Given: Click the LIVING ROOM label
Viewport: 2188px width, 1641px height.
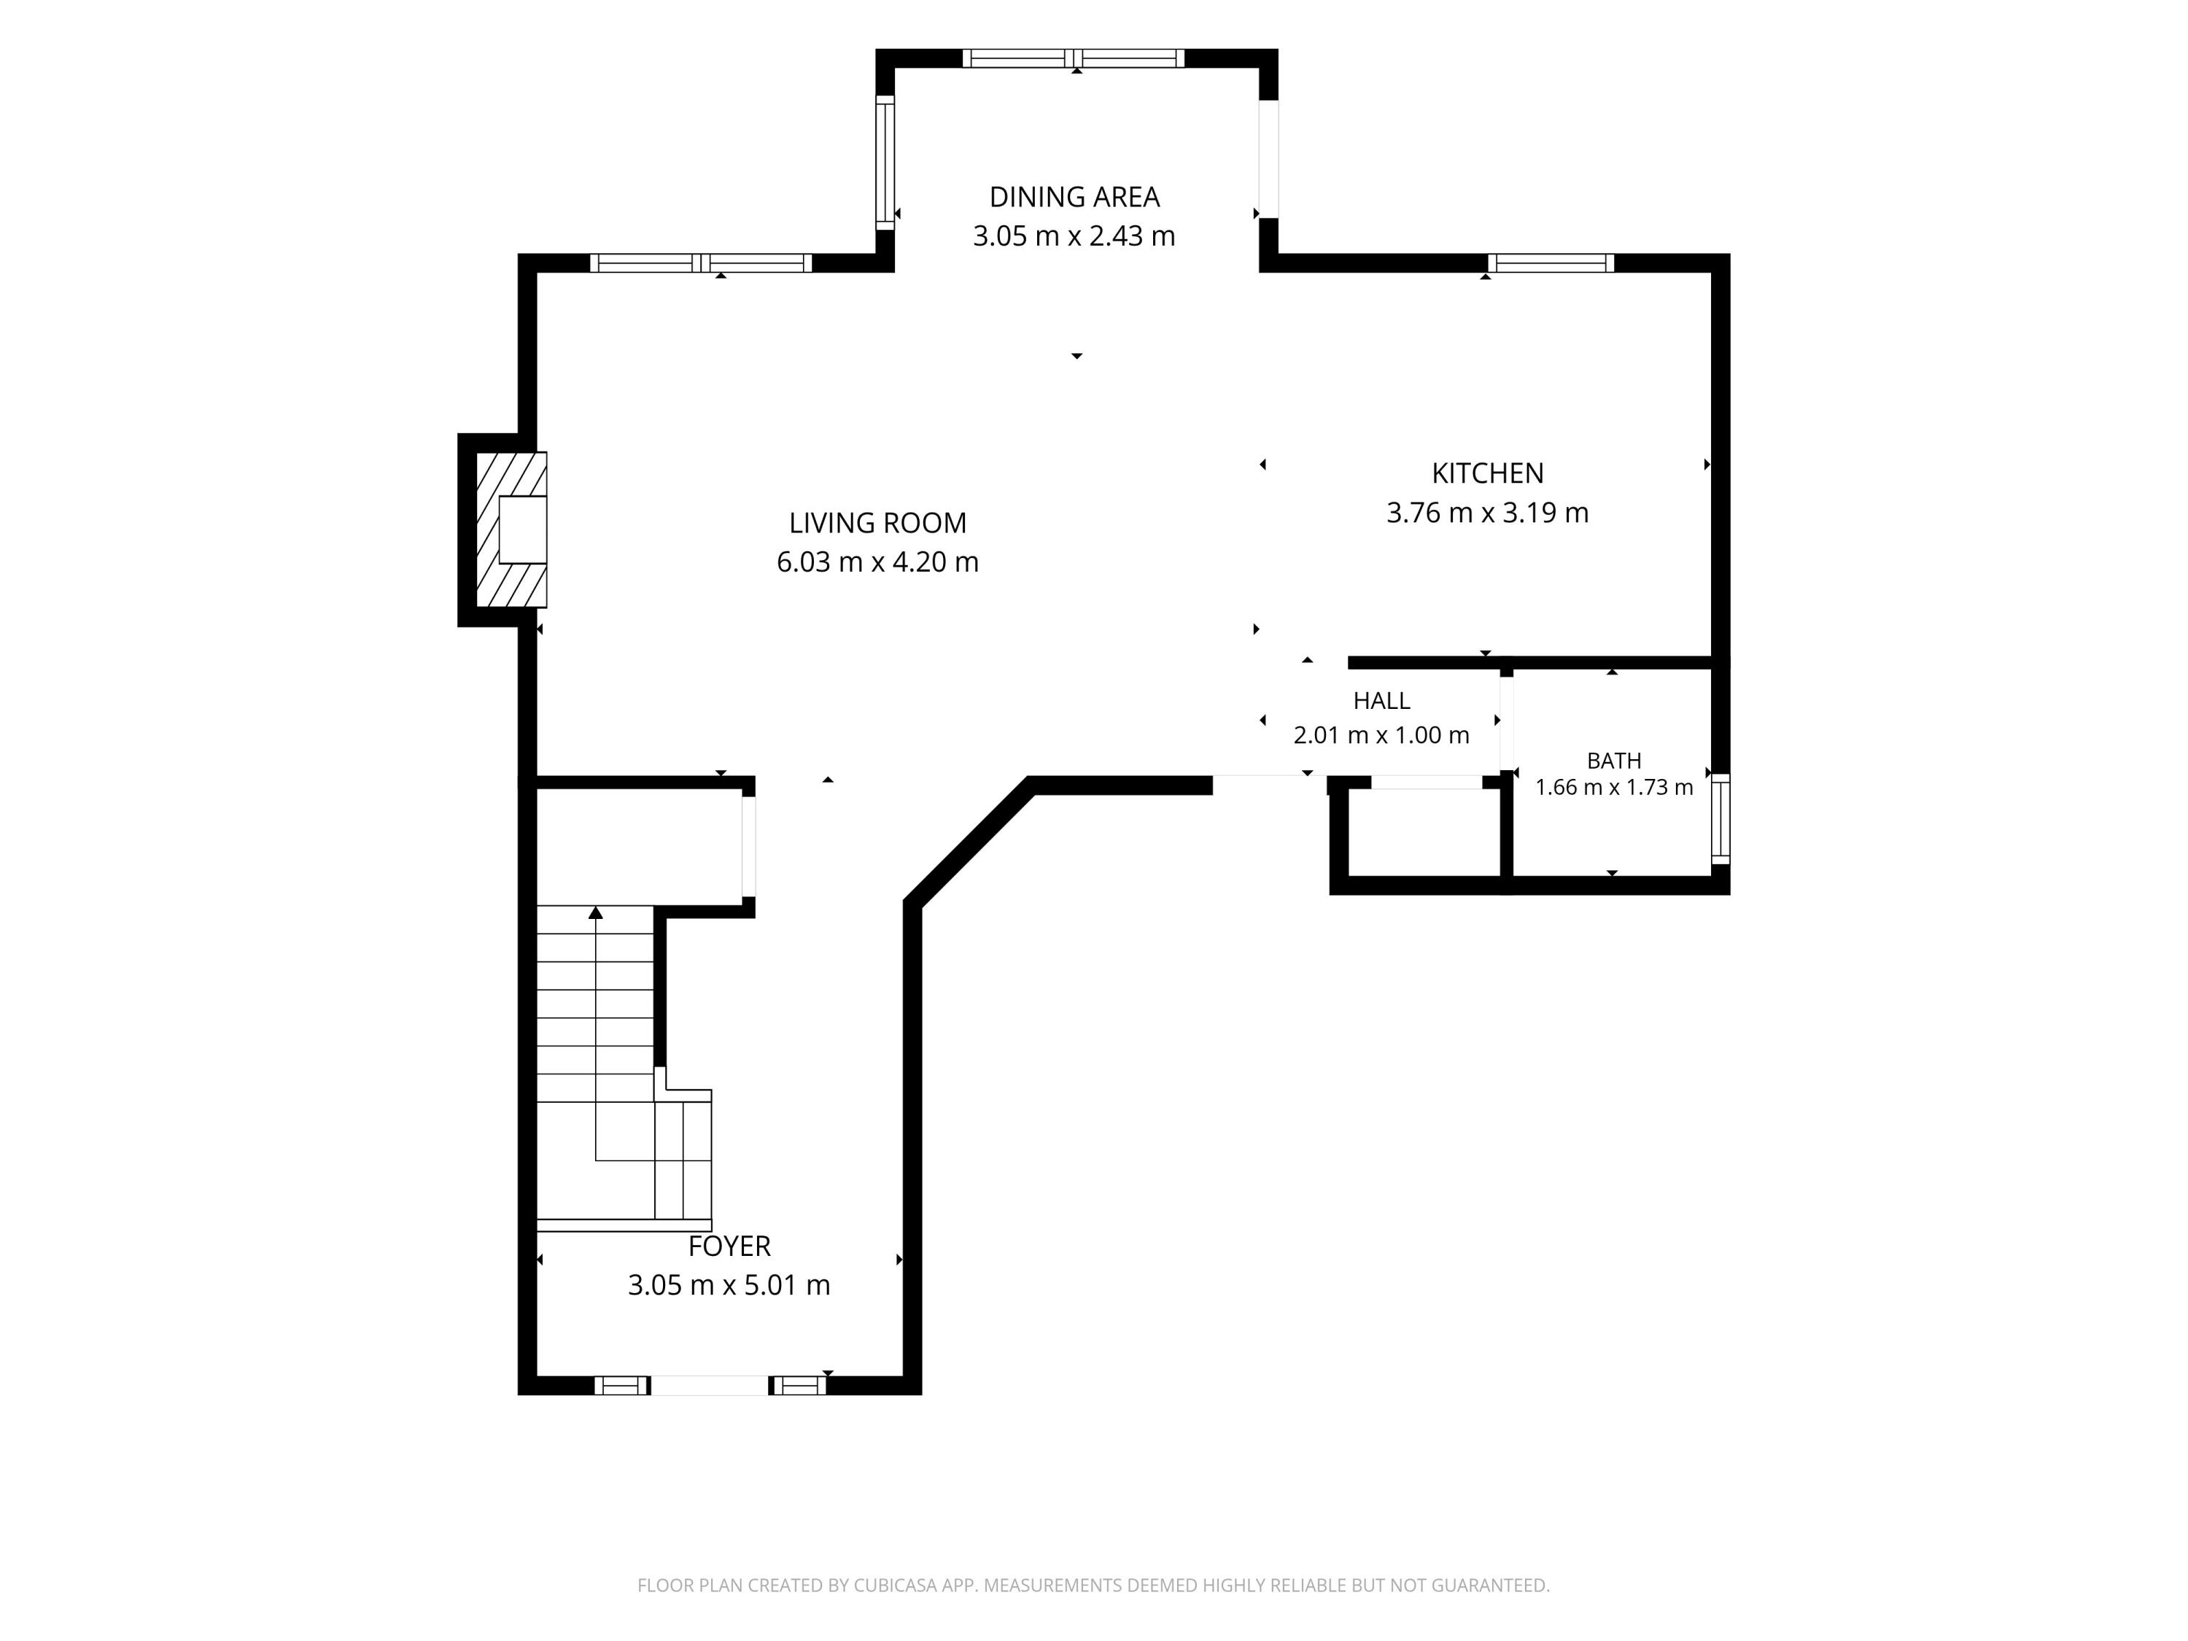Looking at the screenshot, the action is (877, 522).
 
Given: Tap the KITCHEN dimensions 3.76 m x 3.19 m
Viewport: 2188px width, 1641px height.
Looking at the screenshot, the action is (1488, 513).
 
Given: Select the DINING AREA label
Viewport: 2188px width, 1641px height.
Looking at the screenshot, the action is (1074, 197).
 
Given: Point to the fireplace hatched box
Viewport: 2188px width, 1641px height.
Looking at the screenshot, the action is (511, 529).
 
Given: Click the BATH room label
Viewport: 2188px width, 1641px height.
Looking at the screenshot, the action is (1614, 761).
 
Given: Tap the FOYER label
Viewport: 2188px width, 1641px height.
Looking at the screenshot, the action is (729, 1246).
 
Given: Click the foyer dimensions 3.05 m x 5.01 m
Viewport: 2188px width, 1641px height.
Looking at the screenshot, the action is (729, 1285).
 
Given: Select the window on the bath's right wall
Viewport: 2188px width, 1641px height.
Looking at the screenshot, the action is (1721, 819).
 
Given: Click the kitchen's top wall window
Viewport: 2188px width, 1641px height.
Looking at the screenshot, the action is (1551, 263).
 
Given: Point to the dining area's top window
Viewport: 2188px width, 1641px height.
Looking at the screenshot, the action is (1074, 58).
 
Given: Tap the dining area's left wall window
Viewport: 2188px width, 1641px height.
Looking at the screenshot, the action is (885, 162).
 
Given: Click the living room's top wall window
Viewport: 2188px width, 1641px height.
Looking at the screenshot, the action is (702, 263).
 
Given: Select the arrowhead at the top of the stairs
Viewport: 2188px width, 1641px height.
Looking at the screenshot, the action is (595, 912).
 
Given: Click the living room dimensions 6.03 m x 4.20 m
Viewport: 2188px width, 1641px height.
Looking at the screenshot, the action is (877, 562).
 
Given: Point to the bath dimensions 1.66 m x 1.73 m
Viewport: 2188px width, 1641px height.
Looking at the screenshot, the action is (1614, 788).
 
